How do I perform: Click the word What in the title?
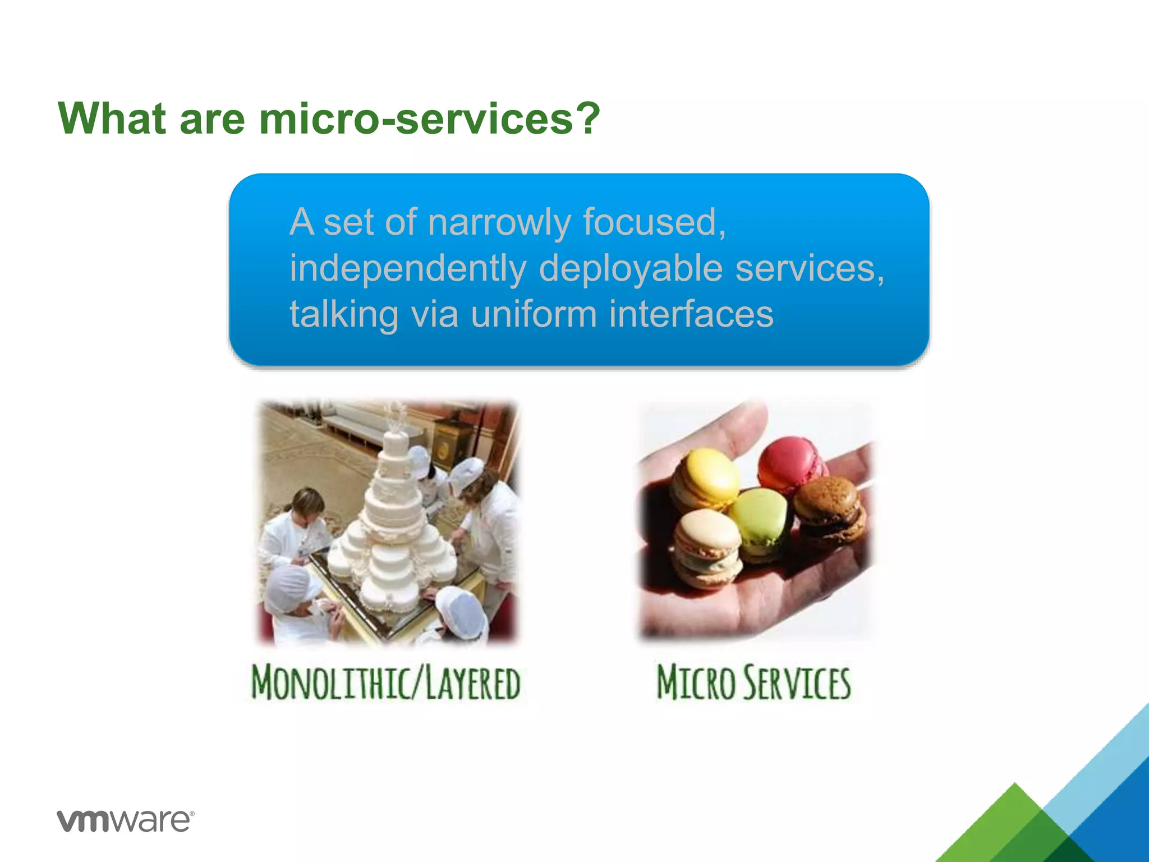point(112,118)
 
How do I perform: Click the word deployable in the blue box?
point(631,268)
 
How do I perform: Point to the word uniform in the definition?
point(534,314)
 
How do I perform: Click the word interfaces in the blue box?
point(691,314)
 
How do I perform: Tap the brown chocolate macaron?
point(828,508)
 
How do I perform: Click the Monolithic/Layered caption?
point(386,682)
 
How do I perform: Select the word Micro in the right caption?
point(696,682)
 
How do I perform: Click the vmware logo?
point(125,820)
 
